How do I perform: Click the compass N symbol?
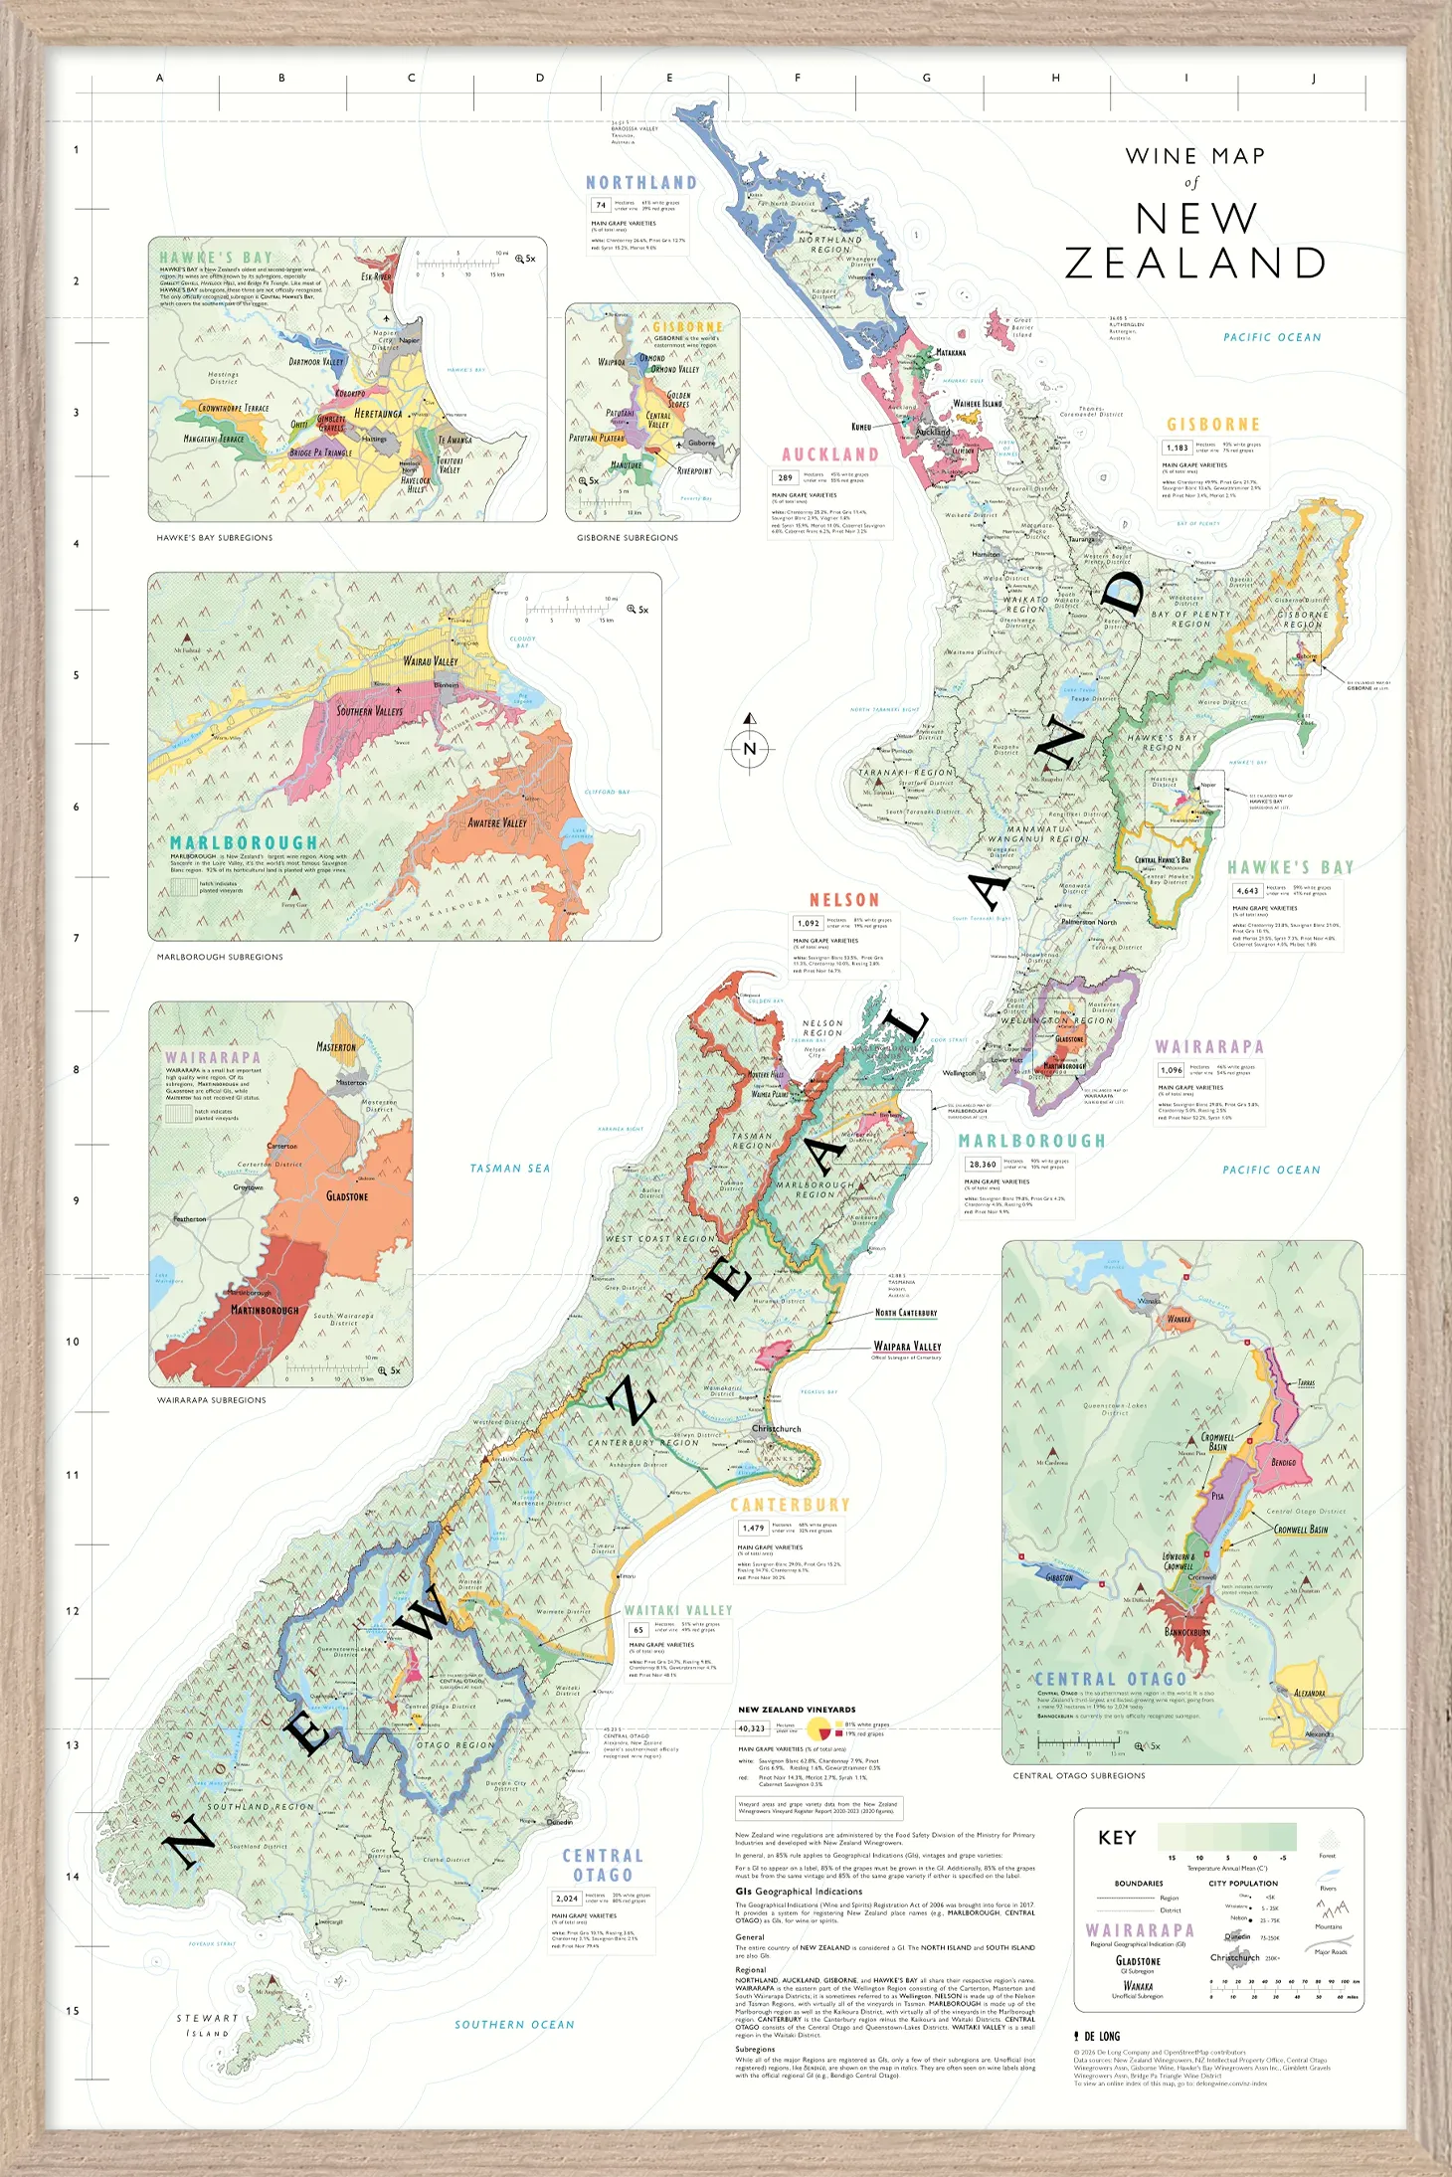[x=750, y=748]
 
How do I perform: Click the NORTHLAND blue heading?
[x=640, y=183]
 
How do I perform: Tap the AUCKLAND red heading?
[x=829, y=454]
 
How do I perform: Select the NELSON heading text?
[x=843, y=900]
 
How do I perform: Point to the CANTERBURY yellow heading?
[x=790, y=1505]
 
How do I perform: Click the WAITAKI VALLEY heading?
[x=677, y=1610]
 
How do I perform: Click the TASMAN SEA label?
[x=509, y=1169]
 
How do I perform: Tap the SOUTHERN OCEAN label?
[x=514, y=2025]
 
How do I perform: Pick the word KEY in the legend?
[x=1116, y=1838]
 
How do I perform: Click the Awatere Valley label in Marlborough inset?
[x=497, y=823]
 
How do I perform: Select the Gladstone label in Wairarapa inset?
[x=346, y=1196]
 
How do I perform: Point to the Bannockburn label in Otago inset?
[x=1186, y=1632]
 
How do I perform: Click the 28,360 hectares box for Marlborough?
[x=983, y=1164]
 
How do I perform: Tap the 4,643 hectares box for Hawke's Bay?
[x=1246, y=891]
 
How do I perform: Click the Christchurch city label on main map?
[x=776, y=1429]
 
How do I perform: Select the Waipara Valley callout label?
[x=907, y=1346]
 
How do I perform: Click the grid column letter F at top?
[x=798, y=78]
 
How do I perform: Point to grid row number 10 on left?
[x=73, y=1342]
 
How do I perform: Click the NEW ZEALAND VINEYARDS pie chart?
[x=818, y=1728]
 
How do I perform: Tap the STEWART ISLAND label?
[x=207, y=2026]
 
